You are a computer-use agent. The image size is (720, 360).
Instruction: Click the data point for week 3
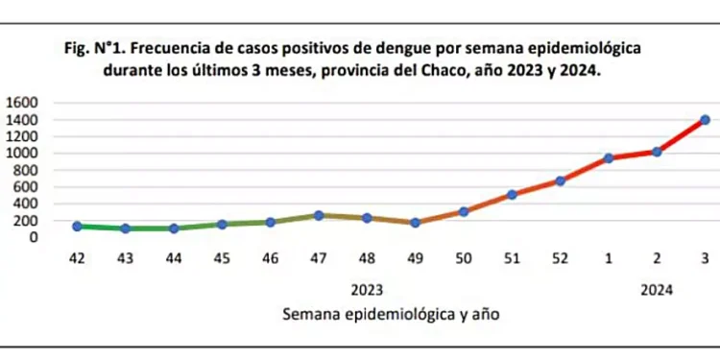[705, 120]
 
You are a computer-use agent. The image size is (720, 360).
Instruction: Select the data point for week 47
[319, 216]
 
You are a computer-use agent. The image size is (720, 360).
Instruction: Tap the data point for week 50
[464, 211]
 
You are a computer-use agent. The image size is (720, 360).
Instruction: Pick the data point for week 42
[77, 227]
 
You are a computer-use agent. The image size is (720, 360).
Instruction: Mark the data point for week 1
[609, 157]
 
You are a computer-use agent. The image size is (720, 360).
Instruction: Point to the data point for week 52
[561, 180]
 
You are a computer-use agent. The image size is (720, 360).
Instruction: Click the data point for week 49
[415, 223]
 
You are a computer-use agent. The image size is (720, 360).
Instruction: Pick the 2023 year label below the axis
[367, 289]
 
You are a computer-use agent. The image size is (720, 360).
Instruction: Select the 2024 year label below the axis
[657, 289]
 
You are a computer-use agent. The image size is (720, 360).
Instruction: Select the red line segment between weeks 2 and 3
[681, 135]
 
